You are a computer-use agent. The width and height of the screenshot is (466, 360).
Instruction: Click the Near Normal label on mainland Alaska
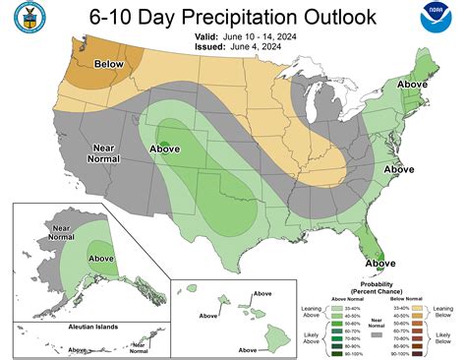click(40, 231)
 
